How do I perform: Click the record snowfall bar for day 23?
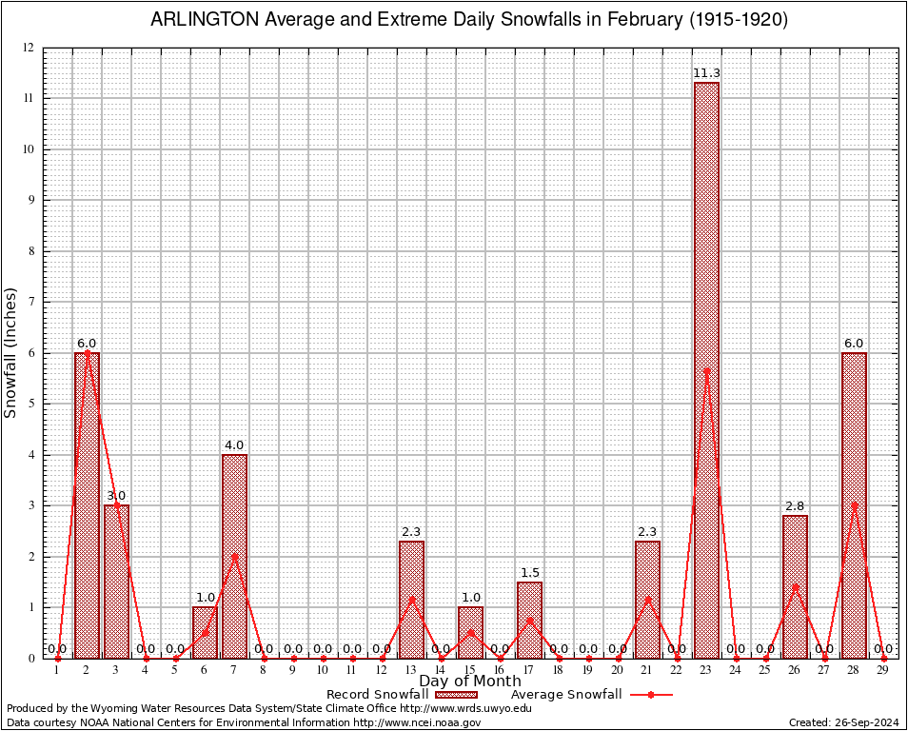click(x=706, y=371)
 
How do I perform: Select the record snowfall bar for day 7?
click(x=234, y=557)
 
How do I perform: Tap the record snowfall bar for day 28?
click(x=854, y=504)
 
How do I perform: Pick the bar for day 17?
click(x=529, y=620)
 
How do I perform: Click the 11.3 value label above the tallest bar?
click(x=706, y=72)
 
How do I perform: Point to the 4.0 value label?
click(x=234, y=445)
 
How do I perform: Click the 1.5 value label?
click(x=529, y=572)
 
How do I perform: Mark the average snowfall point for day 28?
click(x=854, y=505)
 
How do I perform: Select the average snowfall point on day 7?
click(x=234, y=556)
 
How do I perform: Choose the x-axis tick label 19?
click(x=588, y=671)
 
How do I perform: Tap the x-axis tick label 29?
click(x=883, y=671)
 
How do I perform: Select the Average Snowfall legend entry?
click(x=567, y=695)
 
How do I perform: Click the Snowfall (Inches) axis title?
click(x=11, y=352)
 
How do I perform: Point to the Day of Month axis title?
click(x=470, y=681)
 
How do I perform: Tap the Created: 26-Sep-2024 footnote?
click(x=843, y=722)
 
